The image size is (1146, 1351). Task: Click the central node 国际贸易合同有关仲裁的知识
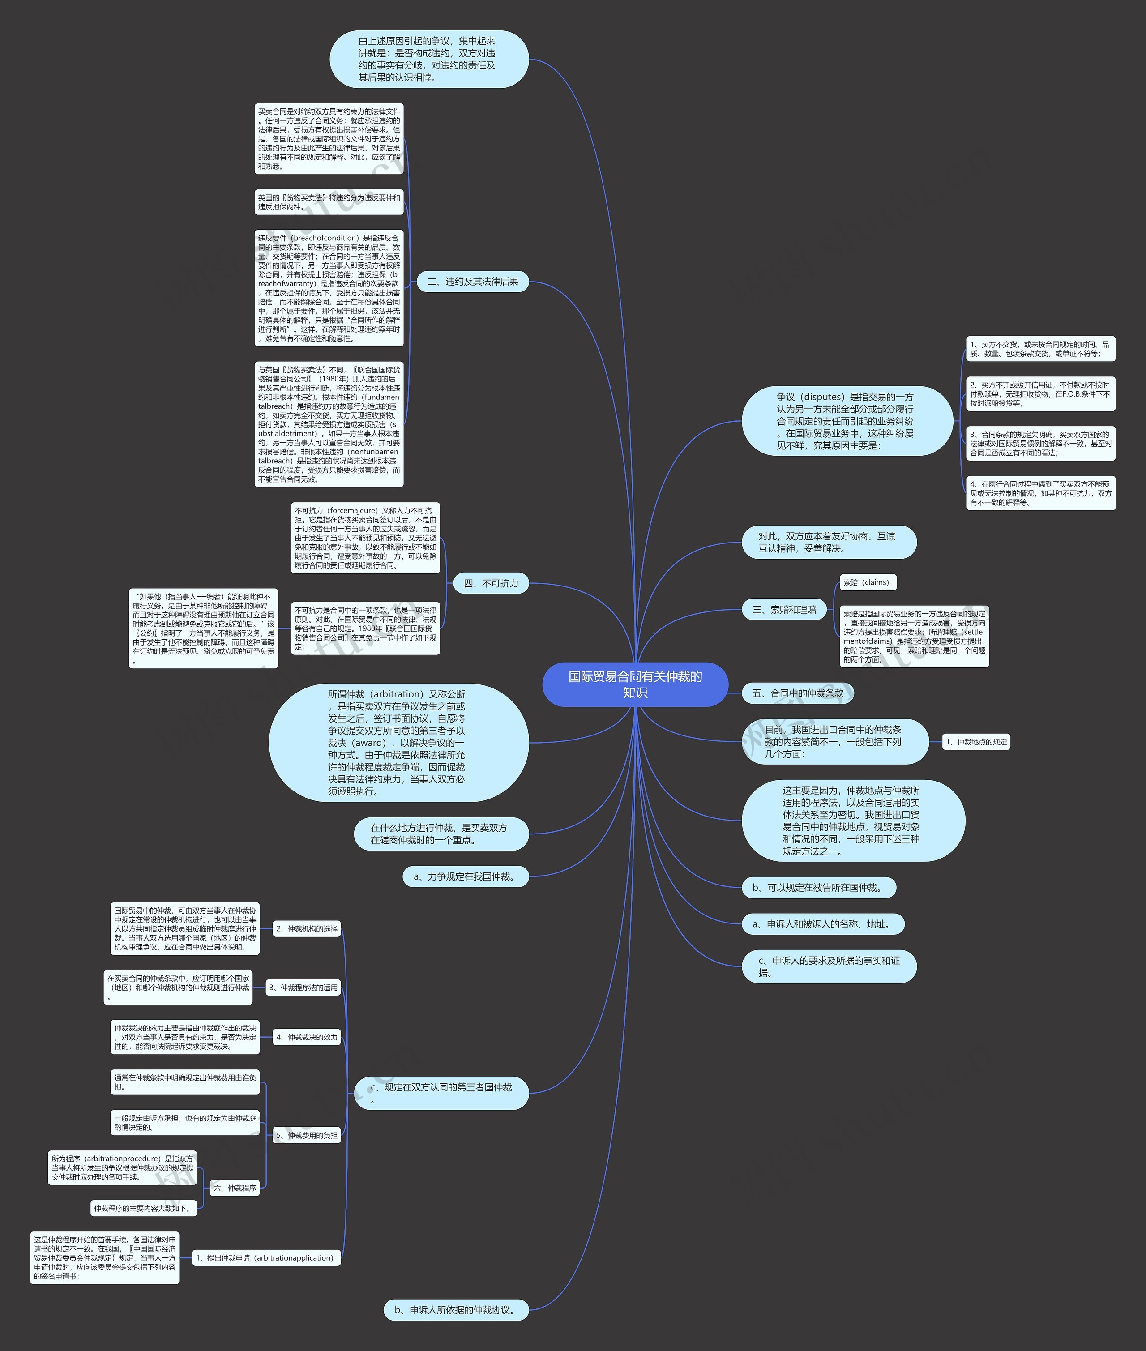pos(635,684)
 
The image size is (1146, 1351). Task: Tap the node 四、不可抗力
pos(491,583)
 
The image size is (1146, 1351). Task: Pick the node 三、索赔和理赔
pos(784,609)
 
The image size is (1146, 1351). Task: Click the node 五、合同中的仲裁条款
pos(797,693)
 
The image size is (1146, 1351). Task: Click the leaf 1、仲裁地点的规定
pos(976,742)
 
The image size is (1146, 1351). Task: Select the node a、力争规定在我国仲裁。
pos(466,876)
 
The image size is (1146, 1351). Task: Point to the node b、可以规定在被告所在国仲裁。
pos(819,887)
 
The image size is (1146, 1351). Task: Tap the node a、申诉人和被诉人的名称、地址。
pos(822,923)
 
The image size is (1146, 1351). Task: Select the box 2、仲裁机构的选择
pos(307,929)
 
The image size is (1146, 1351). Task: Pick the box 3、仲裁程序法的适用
pos(304,987)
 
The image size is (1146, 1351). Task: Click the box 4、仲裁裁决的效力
pos(307,1037)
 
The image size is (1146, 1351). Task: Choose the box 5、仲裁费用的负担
pos(307,1135)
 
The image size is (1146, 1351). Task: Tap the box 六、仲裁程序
pos(235,1188)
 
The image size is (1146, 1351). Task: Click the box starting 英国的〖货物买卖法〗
pos(329,202)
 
